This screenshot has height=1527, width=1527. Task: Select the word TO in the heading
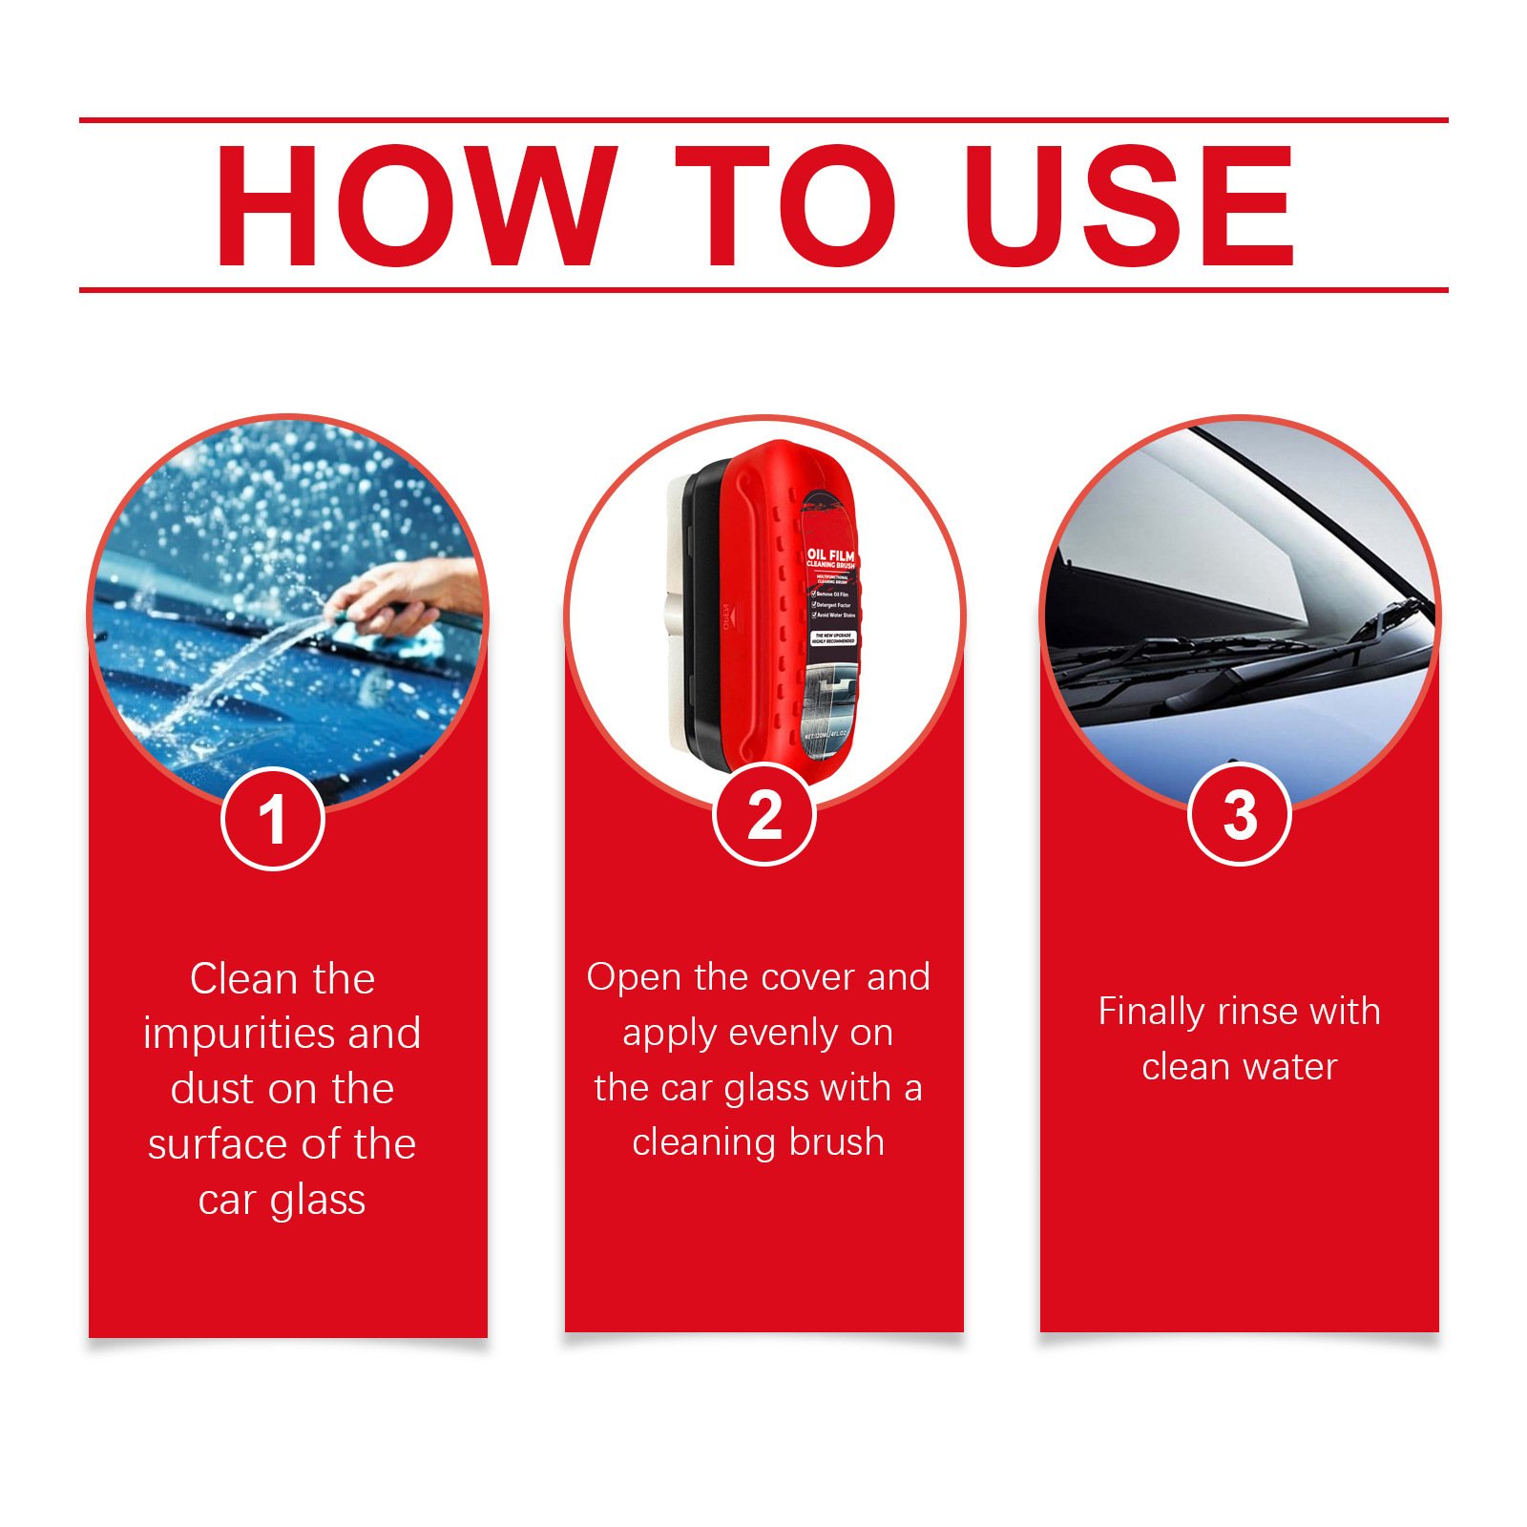click(x=784, y=205)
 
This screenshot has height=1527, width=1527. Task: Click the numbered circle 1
click(x=273, y=819)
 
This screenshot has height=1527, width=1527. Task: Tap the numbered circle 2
click(x=763, y=815)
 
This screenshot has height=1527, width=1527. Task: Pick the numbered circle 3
click(x=1239, y=815)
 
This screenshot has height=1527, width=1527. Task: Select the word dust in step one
click(x=212, y=1089)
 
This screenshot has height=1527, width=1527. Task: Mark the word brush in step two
click(x=835, y=1142)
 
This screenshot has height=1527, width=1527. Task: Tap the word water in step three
click(x=1289, y=1067)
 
